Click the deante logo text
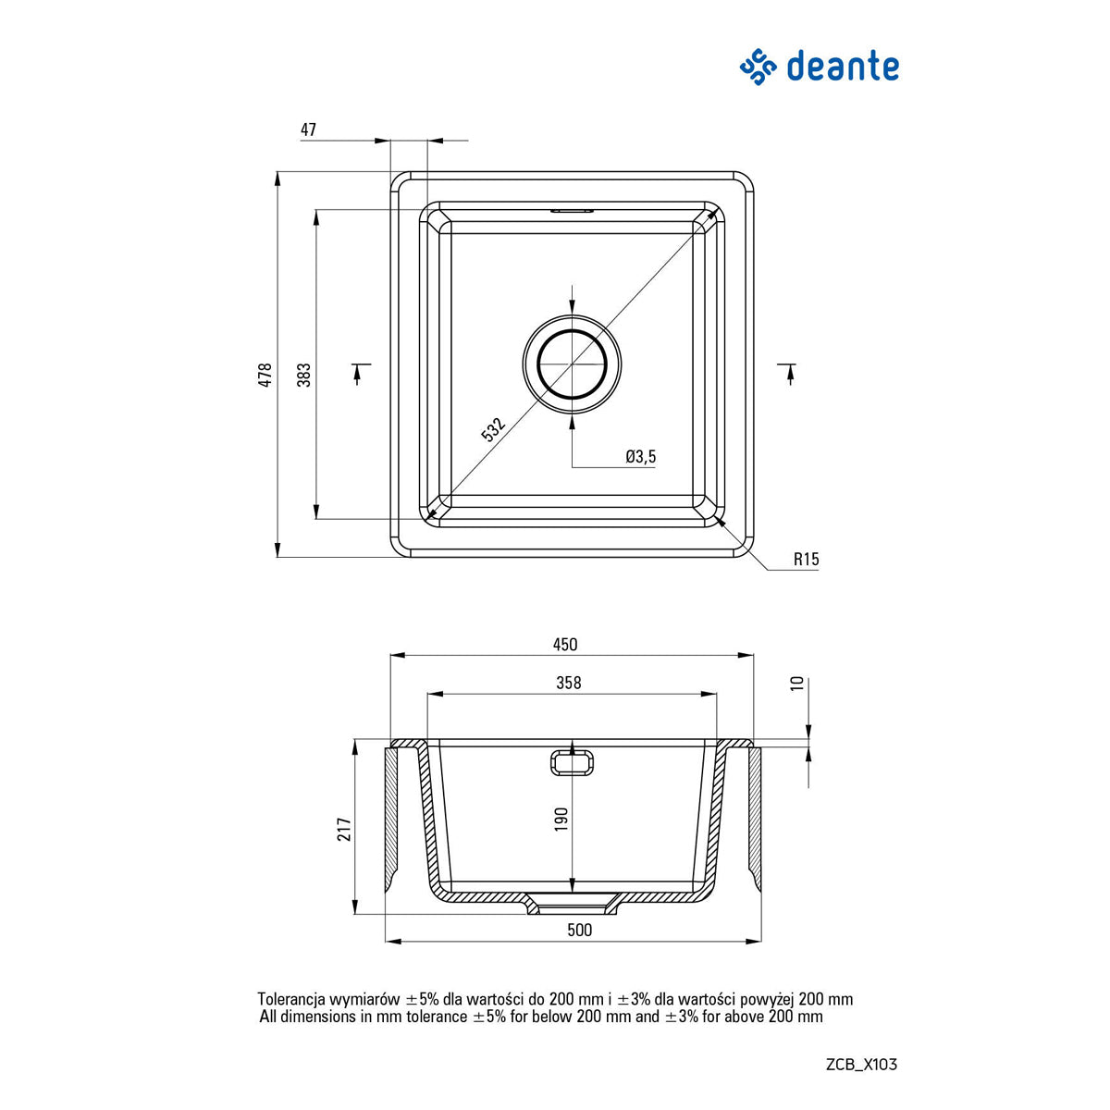pyautogui.click(x=842, y=68)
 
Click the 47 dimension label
pyautogui.click(x=308, y=130)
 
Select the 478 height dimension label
pyautogui.click(x=265, y=375)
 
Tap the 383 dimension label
pyautogui.click(x=304, y=375)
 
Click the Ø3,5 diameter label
pyautogui.click(x=640, y=456)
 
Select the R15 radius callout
pyautogui.click(x=806, y=559)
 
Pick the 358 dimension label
pyautogui.click(x=569, y=683)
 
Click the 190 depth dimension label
pyautogui.click(x=561, y=820)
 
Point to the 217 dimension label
pyautogui.click(x=344, y=829)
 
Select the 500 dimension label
pyautogui.click(x=579, y=931)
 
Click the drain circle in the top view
pyautogui.click(x=572, y=364)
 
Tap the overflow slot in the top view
pyautogui.click(x=572, y=211)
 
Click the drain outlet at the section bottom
pyautogui.click(x=573, y=906)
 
